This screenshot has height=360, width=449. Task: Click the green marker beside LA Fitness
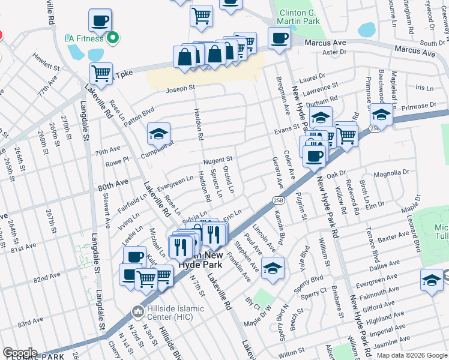pyautogui.click(x=112, y=38)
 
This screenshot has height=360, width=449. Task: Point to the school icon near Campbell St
pyautogui.click(x=159, y=134)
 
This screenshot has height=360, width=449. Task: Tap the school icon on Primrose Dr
pyautogui.click(x=381, y=114)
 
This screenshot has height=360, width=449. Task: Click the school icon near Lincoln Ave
pyautogui.click(x=273, y=268)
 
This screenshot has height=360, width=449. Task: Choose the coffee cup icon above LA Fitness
pyautogui.click(x=100, y=20)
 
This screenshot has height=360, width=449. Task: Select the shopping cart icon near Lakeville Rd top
pyautogui.click(x=101, y=74)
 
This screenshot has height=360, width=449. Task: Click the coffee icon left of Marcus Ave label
pyautogui.click(x=279, y=38)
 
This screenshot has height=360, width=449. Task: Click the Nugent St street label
pyautogui.click(x=218, y=160)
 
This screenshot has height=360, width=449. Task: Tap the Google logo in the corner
pyautogui.click(x=20, y=353)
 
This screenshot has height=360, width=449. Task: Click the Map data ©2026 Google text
pyautogui.click(x=412, y=355)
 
